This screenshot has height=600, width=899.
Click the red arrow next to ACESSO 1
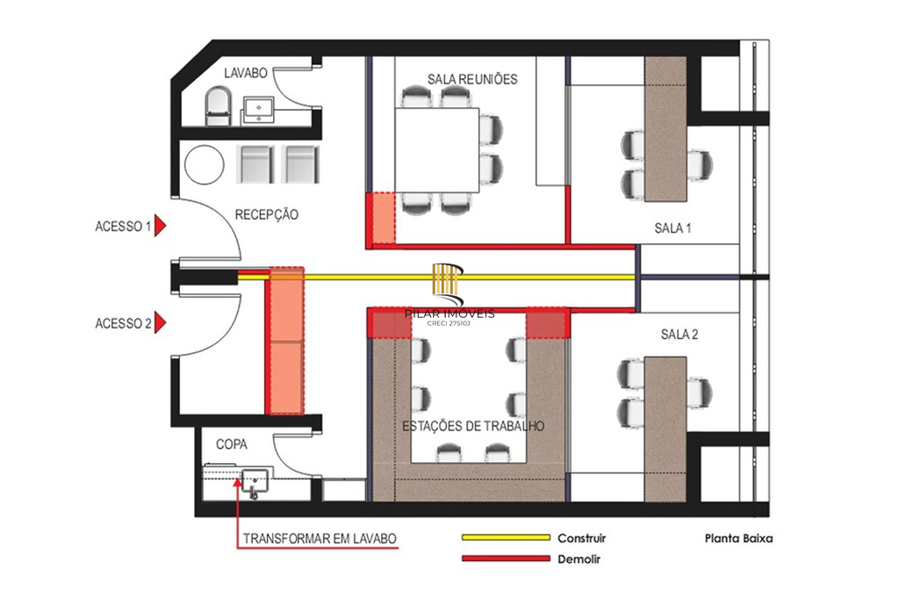coord(161,226)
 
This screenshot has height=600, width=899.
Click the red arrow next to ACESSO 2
coord(161,323)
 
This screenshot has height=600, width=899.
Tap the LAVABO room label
coord(245,72)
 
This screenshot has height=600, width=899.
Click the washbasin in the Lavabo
coord(260,109)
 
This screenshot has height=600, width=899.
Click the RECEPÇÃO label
coord(267,214)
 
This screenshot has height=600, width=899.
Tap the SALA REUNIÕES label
coord(472,79)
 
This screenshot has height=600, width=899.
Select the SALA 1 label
coord(673,228)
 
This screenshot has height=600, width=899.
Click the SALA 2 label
coord(679,335)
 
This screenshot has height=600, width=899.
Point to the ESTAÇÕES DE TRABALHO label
coord(473,426)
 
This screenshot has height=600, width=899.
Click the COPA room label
coord(232,445)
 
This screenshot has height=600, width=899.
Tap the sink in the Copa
coord(255,481)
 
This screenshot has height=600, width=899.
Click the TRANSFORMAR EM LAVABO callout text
coord(320,538)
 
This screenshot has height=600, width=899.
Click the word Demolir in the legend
coord(579,559)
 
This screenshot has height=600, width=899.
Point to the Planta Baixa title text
coord(737,539)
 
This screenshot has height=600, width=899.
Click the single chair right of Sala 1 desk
coord(698,163)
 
